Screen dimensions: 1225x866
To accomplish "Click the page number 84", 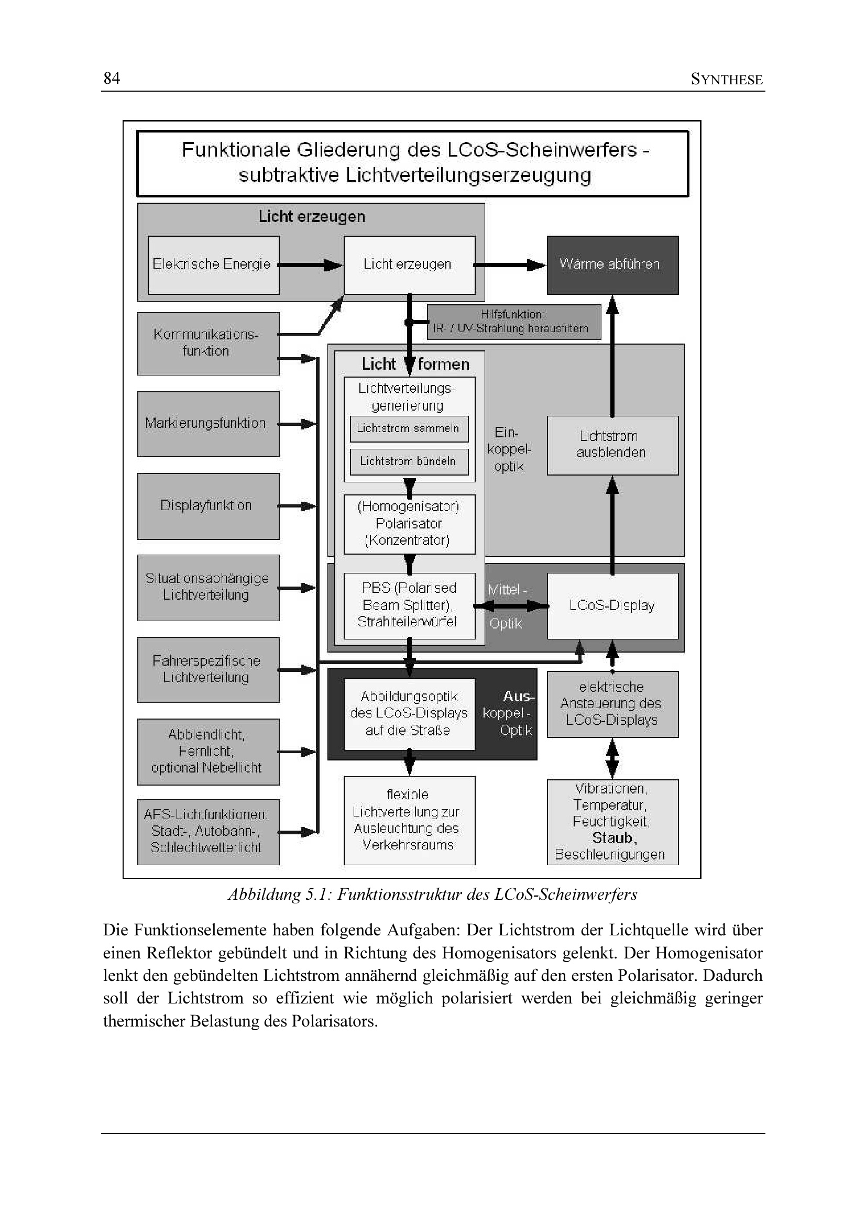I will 112,79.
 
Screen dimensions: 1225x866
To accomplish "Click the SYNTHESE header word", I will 726,80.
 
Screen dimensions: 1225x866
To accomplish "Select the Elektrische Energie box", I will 213,264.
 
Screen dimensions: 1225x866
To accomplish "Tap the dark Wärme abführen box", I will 612,264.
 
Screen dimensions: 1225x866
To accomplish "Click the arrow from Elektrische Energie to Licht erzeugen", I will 311,264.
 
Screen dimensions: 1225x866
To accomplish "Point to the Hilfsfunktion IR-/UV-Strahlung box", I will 513,322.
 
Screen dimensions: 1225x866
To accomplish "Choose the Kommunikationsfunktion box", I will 207,343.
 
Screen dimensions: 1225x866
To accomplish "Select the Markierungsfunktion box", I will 207,424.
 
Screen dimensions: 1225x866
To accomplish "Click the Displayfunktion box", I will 207,506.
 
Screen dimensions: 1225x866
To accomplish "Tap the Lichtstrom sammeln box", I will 409,428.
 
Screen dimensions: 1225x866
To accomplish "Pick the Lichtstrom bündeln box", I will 409,461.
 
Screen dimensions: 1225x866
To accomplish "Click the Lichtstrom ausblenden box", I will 612,445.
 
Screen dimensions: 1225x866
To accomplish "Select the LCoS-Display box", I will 612,605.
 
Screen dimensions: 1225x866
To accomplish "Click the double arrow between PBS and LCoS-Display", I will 511,605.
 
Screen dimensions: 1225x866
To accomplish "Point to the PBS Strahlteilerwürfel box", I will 409,605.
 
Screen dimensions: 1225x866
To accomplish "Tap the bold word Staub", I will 613,837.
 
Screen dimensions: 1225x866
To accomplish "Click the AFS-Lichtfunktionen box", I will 207,831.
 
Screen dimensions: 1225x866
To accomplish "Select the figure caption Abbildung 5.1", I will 432,894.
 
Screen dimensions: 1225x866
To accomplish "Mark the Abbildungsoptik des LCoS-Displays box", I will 409,713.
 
